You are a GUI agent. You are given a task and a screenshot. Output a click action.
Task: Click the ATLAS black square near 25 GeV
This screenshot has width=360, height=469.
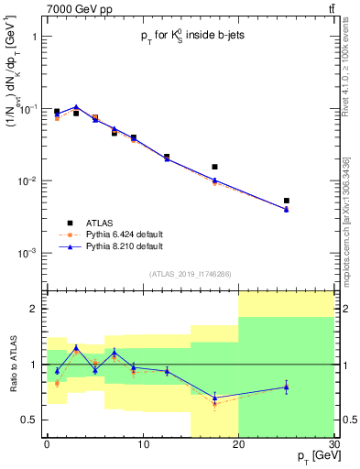[x=287, y=201]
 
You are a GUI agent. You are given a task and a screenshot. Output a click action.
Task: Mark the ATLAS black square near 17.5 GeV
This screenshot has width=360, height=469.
[x=214, y=167]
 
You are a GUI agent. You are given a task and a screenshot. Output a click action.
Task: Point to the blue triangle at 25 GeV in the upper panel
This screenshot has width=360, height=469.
[x=287, y=210]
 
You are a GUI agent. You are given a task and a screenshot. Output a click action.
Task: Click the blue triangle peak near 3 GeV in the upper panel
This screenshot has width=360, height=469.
[x=76, y=107]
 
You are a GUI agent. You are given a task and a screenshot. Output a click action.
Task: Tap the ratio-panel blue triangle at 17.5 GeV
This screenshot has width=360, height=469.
[x=214, y=398]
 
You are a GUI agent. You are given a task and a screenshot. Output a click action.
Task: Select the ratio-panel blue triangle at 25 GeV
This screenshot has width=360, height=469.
[x=287, y=387]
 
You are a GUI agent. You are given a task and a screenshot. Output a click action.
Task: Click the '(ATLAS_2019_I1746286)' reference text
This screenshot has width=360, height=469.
[x=190, y=274]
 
